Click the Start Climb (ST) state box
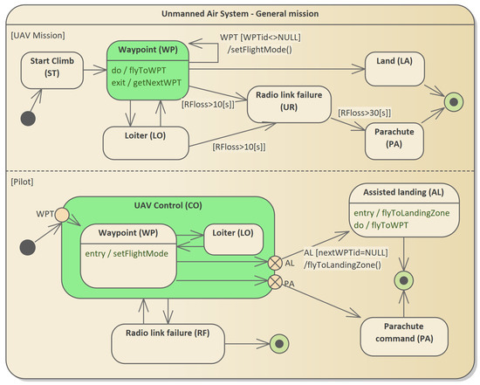tap(52, 70)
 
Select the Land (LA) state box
tap(394, 69)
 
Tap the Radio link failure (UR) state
tap(289, 105)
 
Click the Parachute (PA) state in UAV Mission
tap(394, 141)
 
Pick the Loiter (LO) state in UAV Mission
tap(146, 143)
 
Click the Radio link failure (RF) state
tap(168, 344)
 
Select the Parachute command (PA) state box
tap(404, 337)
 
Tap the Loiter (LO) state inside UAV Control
tap(233, 239)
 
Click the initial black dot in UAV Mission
tap(28, 119)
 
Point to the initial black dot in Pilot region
tap(28, 247)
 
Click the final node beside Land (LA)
tap(454, 101)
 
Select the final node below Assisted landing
tap(404, 280)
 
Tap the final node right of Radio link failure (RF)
tap(279, 344)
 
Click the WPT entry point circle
tap(62, 215)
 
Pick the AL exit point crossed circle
tap(275, 263)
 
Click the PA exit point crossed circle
tap(275, 282)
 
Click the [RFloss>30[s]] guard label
tap(364, 113)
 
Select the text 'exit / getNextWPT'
tap(147, 83)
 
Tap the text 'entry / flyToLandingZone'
tap(401, 213)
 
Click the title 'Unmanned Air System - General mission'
tap(240, 14)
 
